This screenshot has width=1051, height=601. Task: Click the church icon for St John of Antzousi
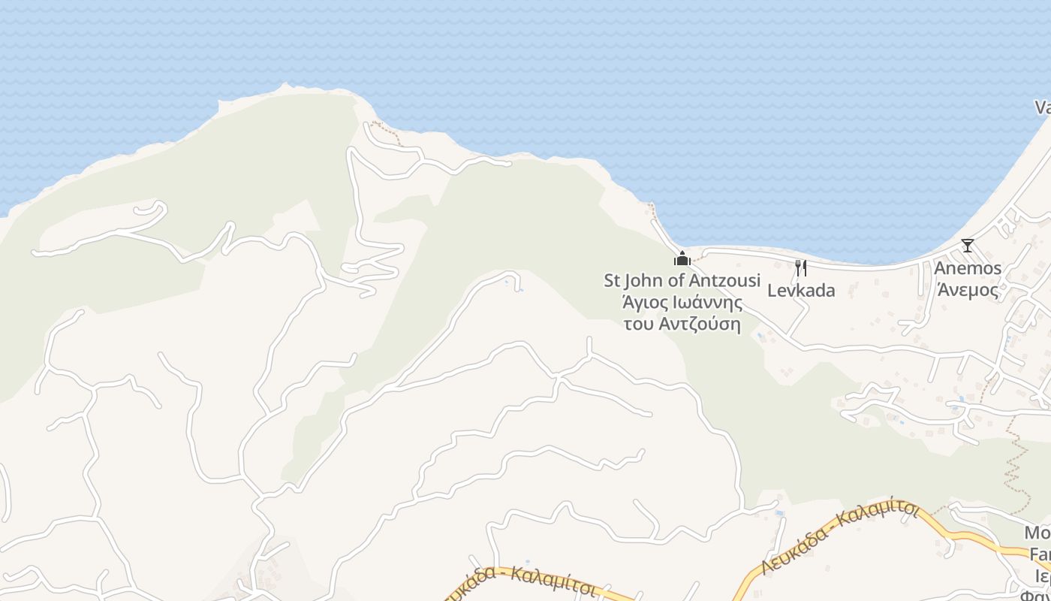click(x=682, y=258)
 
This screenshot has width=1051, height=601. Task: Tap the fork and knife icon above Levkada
click(x=801, y=268)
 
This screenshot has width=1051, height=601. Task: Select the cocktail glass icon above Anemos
click(x=968, y=246)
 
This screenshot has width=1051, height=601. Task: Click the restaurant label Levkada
click(x=801, y=291)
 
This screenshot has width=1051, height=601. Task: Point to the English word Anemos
click(x=968, y=268)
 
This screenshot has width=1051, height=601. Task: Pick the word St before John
click(x=613, y=280)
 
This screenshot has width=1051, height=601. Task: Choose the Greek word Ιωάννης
click(x=706, y=303)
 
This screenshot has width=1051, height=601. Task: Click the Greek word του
click(x=640, y=325)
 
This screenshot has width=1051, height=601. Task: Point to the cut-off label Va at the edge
click(x=1043, y=107)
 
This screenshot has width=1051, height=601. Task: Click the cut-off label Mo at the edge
click(x=1037, y=533)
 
